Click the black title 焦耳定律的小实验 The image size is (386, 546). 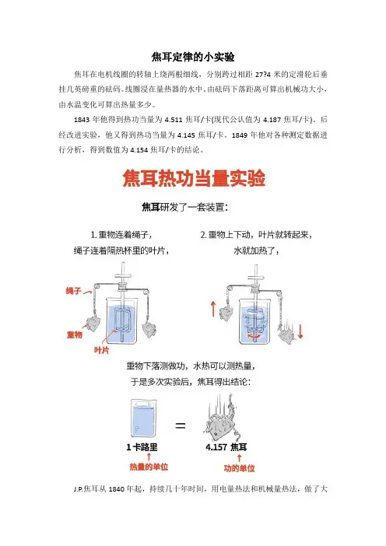click(x=193, y=57)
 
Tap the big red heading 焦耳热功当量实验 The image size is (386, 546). click(x=194, y=178)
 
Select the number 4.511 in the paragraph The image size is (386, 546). click(x=174, y=120)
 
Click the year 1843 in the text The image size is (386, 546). click(x=82, y=120)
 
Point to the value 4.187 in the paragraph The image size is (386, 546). click(x=272, y=120)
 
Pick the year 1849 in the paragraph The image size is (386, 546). click(x=240, y=135)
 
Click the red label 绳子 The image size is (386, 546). click(x=73, y=290)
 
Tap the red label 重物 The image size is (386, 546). click(x=75, y=334)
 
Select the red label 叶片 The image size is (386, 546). click(x=101, y=350)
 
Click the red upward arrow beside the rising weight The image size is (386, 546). click(x=213, y=310)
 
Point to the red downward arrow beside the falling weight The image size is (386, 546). click(x=300, y=331)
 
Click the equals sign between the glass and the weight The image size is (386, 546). click(x=180, y=425)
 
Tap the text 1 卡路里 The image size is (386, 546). click(x=142, y=447)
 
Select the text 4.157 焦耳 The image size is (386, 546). click(x=226, y=447)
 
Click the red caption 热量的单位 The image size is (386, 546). click(x=149, y=467)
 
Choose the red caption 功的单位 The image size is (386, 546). click(x=240, y=468)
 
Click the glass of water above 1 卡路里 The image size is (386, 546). click(x=143, y=418)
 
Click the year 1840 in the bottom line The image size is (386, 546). click(x=117, y=489)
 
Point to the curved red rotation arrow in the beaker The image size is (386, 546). click(x=254, y=336)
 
